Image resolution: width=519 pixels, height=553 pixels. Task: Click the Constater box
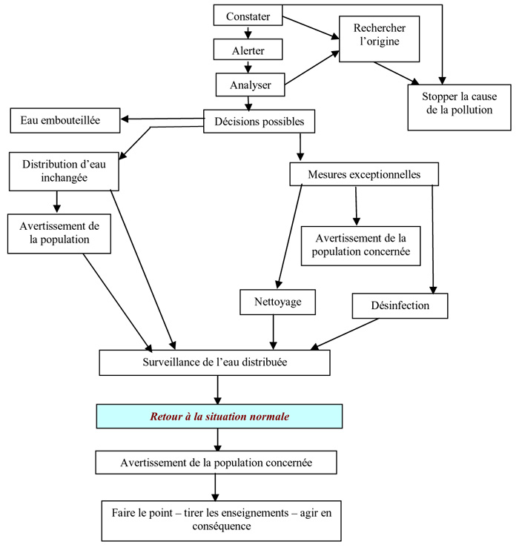coord(248,15)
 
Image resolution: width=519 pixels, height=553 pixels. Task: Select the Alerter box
coord(248,50)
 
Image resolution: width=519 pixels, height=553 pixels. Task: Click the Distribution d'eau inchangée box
coord(60,170)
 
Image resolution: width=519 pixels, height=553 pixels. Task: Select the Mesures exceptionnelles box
coord(364,174)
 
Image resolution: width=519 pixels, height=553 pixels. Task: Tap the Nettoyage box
coord(274,302)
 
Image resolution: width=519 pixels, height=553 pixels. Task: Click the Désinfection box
coord(400,305)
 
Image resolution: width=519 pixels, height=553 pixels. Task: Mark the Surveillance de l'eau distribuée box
coord(214,362)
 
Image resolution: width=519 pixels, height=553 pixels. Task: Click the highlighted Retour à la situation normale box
coord(219,417)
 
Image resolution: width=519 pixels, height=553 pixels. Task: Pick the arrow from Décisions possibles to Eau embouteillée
coord(163,119)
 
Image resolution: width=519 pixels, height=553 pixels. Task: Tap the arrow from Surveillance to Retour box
coord(217,390)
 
